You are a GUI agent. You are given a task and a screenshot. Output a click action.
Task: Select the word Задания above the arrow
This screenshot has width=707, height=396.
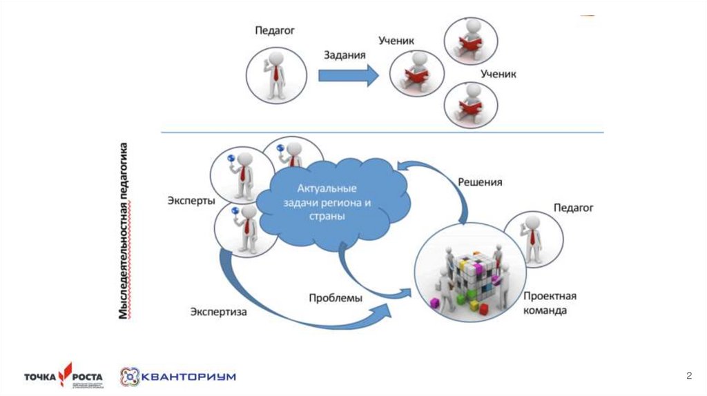point(345,55)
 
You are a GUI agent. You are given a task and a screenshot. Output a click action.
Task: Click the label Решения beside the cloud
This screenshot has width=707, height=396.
point(480,182)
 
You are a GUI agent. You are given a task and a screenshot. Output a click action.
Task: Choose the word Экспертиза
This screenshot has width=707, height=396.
point(219,311)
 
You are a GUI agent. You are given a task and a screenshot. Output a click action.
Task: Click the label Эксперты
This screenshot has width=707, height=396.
point(191,201)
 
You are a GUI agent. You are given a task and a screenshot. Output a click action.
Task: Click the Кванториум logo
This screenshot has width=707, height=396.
point(178,377)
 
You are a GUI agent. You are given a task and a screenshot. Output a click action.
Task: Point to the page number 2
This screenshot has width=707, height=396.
point(688,375)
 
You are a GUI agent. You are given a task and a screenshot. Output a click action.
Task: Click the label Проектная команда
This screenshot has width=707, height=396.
point(549,303)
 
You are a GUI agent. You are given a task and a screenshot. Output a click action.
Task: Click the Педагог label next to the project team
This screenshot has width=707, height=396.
point(573,207)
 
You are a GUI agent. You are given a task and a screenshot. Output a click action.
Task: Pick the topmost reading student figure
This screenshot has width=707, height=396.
point(472,39)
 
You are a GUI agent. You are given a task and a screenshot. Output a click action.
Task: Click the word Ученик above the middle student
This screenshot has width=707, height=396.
point(396,41)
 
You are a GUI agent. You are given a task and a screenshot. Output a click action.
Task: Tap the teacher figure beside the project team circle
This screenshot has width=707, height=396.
point(532,238)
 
